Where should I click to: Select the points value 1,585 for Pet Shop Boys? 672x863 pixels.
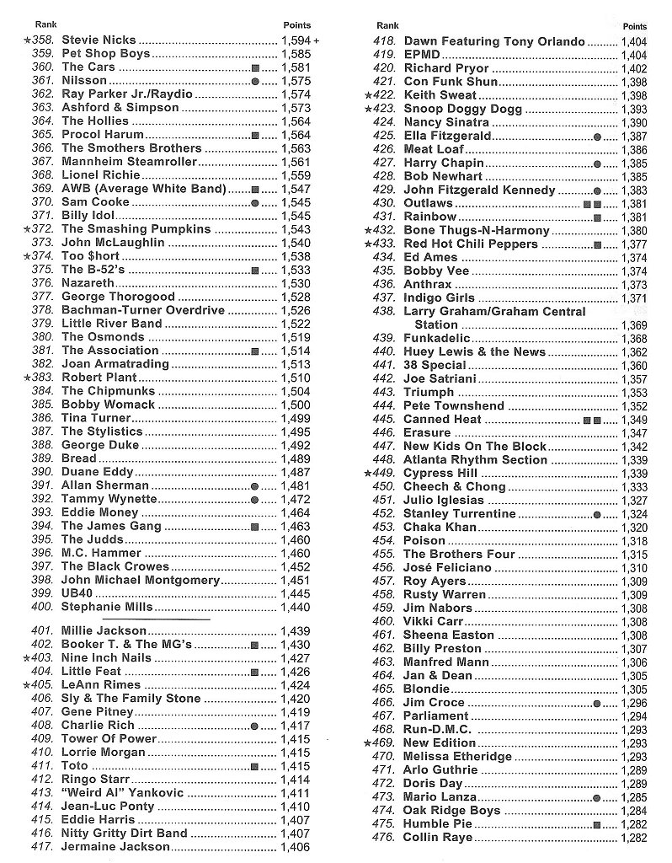pos(296,53)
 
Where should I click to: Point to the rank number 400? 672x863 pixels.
pos(43,607)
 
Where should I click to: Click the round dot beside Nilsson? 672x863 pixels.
pos(255,80)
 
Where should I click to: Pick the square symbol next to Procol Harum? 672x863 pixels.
pos(255,135)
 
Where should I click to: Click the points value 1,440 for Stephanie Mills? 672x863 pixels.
pos(296,607)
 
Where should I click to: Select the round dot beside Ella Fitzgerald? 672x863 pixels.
pos(597,136)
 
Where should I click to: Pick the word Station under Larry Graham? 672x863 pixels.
pos(436,324)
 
